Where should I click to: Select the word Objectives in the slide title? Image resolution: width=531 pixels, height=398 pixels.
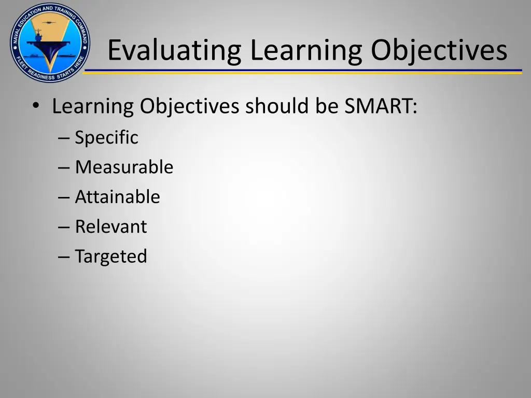[x=439, y=50]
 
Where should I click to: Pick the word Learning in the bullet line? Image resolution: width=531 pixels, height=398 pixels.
[x=93, y=106]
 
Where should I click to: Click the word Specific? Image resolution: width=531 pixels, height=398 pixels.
[x=106, y=137]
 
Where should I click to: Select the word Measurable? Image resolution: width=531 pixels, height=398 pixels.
[x=124, y=167]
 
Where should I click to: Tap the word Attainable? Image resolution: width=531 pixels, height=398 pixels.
[x=117, y=197]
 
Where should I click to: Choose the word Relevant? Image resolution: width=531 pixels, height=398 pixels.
[x=111, y=226]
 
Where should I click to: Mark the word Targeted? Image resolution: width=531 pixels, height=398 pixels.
[x=111, y=257]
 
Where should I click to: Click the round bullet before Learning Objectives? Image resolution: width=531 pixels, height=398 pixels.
[x=35, y=106]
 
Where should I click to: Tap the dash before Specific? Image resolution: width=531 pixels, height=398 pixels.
[x=64, y=138]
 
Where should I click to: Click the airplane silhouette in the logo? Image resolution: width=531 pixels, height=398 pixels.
[x=50, y=22]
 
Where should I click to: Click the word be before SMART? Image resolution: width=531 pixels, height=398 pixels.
[x=328, y=106]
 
